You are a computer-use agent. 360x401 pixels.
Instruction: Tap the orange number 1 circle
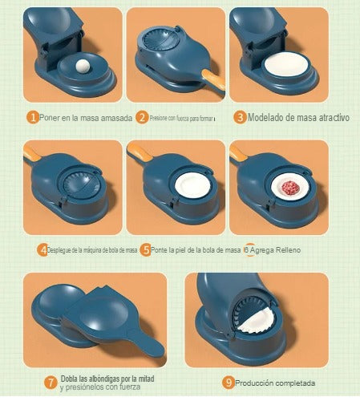click(x=33, y=117)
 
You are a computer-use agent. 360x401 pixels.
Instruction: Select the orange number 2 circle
click(x=142, y=117)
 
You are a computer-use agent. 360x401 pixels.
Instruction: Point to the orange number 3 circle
click(x=240, y=117)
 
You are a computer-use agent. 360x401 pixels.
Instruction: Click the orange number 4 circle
click(x=42, y=250)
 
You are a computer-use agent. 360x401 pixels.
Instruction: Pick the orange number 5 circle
click(x=146, y=250)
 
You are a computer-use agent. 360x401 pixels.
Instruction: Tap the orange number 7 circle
click(x=51, y=382)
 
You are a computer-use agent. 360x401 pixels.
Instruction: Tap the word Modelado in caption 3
click(x=268, y=117)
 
